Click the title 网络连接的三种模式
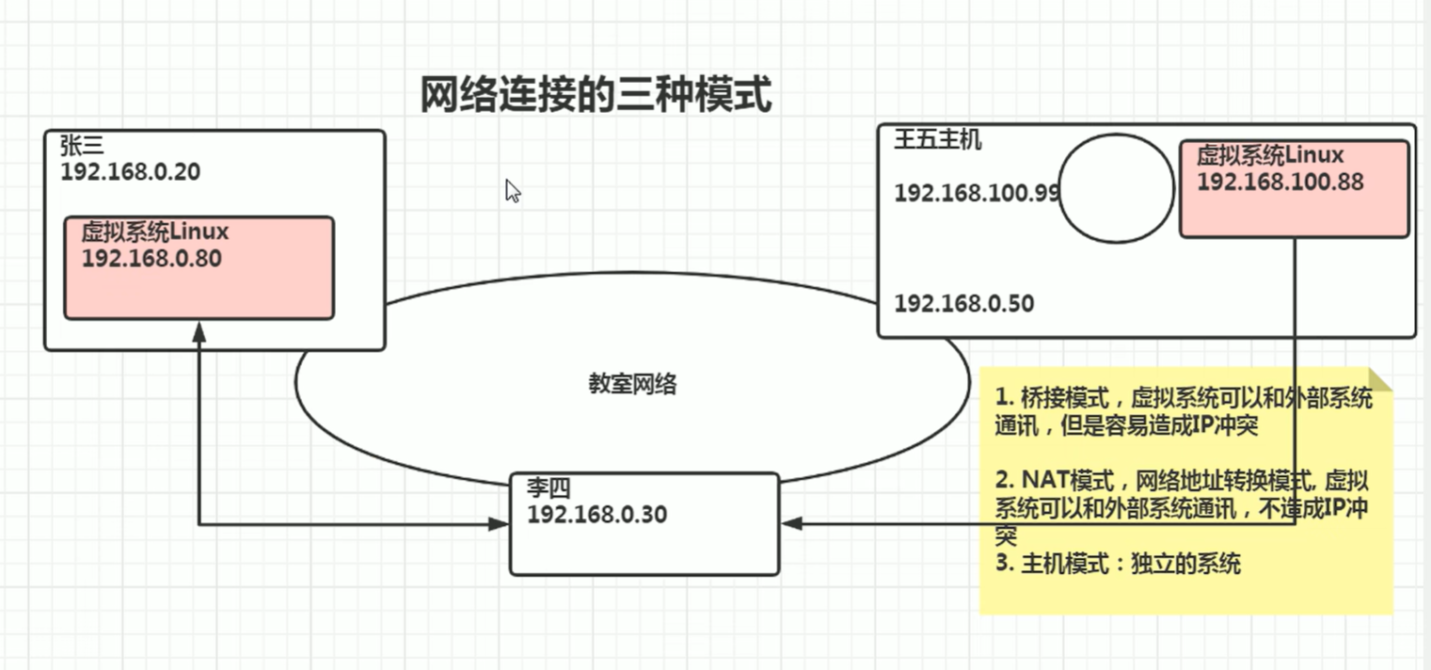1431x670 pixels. [x=595, y=95]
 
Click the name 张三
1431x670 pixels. [x=82, y=146]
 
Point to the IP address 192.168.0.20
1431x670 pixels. [x=130, y=172]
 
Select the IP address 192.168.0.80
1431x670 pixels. [x=151, y=258]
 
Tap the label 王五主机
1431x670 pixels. [x=937, y=141]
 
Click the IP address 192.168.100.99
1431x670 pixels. [x=977, y=193]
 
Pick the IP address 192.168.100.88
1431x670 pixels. [x=1280, y=182]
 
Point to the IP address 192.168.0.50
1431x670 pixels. [x=963, y=304]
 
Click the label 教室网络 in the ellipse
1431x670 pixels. [x=632, y=384]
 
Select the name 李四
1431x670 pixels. [x=549, y=488]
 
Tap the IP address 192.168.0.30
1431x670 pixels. [x=596, y=515]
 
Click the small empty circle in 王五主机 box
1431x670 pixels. [x=1117, y=188]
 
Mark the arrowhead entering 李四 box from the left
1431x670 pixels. [x=500, y=524]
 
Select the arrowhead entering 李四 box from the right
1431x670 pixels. [x=791, y=523]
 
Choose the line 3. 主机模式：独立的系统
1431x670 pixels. [x=1118, y=564]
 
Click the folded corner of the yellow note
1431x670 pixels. [x=1379, y=378]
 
